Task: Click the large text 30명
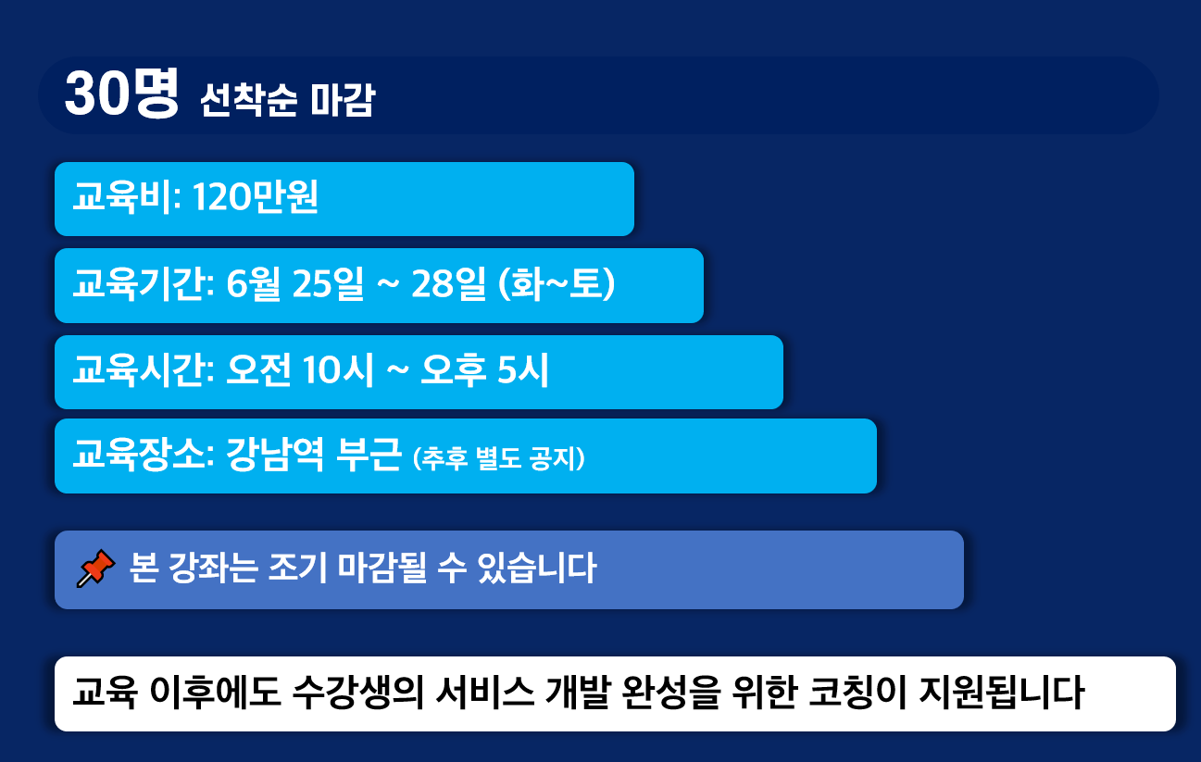coord(121,94)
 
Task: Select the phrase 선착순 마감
coord(287,100)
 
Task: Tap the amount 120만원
coord(256,197)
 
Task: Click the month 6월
coord(253,283)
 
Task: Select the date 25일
coord(328,283)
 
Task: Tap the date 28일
coord(447,283)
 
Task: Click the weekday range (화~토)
coord(557,283)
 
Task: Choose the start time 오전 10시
coord(300,369)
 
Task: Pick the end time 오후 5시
coord(484,369)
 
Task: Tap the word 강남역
coord(275,454)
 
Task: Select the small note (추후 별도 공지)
coord(498,458)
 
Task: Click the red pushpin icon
coord(95,568)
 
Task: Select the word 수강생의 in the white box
coord(359,693)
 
